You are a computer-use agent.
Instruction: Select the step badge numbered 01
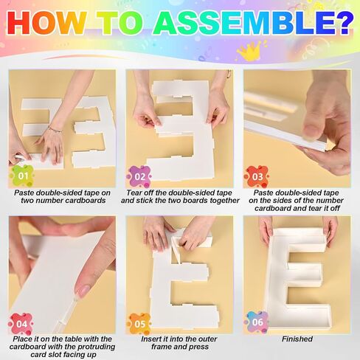click(x=22, y=176)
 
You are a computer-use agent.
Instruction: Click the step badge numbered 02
click(x=139, y=176)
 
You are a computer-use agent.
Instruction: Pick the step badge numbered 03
click(x=256, y=176)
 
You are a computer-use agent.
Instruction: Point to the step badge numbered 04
click(x=21, y=323)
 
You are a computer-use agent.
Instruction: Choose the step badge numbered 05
click(x=139, y=323)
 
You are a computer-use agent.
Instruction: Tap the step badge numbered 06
click(x=256, y=323)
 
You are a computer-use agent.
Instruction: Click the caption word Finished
click(x=297, y=339)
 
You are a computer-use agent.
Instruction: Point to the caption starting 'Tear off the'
click(x=180, y=196)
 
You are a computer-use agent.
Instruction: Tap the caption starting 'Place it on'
click(x=62, y=347)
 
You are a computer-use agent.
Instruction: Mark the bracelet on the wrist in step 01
click(x=54, y=129)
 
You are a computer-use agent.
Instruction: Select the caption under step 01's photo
click(x=62, y=196)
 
